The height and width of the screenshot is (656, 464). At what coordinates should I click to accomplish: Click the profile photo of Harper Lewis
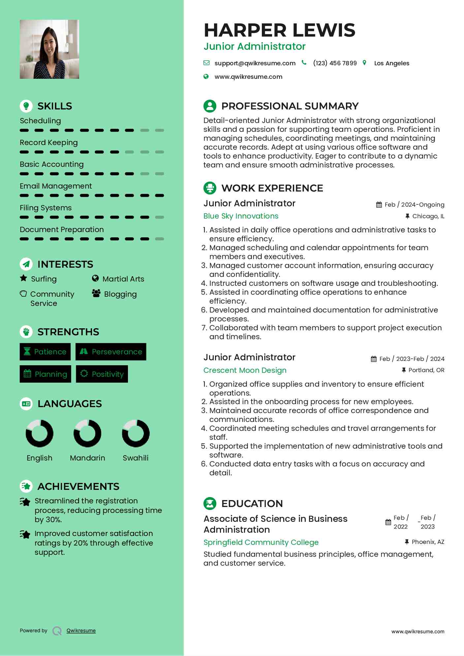coord(49,49)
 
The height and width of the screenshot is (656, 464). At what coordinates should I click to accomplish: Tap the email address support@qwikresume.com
coord(255,63)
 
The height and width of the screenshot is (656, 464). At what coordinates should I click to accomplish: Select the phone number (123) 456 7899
coord(335,63)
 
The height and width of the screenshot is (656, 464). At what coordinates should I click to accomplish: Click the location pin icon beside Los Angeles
coord(364,63)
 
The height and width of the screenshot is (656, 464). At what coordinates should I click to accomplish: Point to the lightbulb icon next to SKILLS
coord(26,106)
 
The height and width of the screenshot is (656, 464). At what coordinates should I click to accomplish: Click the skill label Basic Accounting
coord(52,164)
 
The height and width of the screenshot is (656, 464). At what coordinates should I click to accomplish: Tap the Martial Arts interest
coord(123,279)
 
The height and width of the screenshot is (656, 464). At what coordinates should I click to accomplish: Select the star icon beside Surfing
coord(23,278)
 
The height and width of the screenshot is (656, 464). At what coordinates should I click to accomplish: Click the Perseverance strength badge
coord(111,352)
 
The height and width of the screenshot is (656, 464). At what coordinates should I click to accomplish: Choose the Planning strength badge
coord(46,374)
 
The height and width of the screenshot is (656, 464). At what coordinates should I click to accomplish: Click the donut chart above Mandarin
coord(87,433)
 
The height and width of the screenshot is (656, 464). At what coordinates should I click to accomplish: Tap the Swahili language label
coord(136,458)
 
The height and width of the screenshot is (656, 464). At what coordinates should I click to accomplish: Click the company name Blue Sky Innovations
coord(241,216)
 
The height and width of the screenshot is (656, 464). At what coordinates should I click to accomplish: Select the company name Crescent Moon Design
coord(245,370)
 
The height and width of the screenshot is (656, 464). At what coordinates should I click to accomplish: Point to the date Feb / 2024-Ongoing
coord(414,205)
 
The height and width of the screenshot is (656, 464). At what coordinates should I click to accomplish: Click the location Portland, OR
coord(426,370)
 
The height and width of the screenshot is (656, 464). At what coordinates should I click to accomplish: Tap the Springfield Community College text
coord(261,542)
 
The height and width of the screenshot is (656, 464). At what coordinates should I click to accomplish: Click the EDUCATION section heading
coord(252,504)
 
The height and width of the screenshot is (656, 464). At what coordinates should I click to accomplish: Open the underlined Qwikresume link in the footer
coord(81,631)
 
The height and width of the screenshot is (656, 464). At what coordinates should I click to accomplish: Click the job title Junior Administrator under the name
coord(254,46)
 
